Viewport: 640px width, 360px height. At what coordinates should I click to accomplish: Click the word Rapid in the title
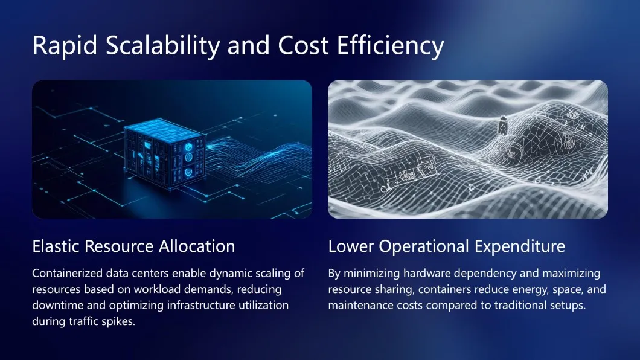point(65,45)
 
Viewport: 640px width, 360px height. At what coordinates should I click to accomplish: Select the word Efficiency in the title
point(390,45)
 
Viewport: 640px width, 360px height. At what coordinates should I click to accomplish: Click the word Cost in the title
point(303,45)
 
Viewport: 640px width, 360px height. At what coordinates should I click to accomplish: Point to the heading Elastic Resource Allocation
point(133,246)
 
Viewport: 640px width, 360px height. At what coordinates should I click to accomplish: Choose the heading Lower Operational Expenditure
point(447,246)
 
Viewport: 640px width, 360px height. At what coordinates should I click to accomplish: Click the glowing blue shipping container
point(165,153)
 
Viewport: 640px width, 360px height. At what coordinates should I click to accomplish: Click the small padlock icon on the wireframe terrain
point(504,126)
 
